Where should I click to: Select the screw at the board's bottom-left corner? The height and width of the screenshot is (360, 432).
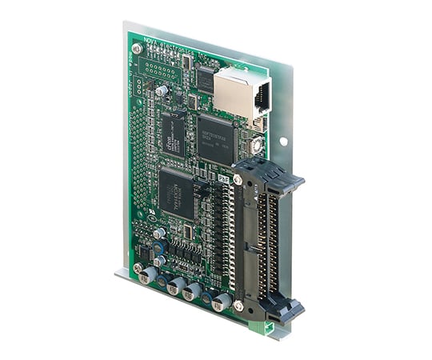pyautogui.click(x=139, y=268)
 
